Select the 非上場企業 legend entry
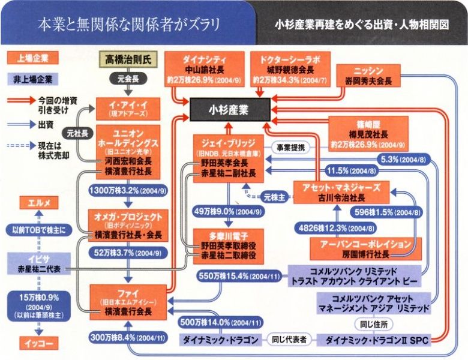coord(29,79)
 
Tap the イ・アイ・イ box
coord(127,109)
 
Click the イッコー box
coord(30,343)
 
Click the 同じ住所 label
coord(368,324)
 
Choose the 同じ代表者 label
coord(290,340)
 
